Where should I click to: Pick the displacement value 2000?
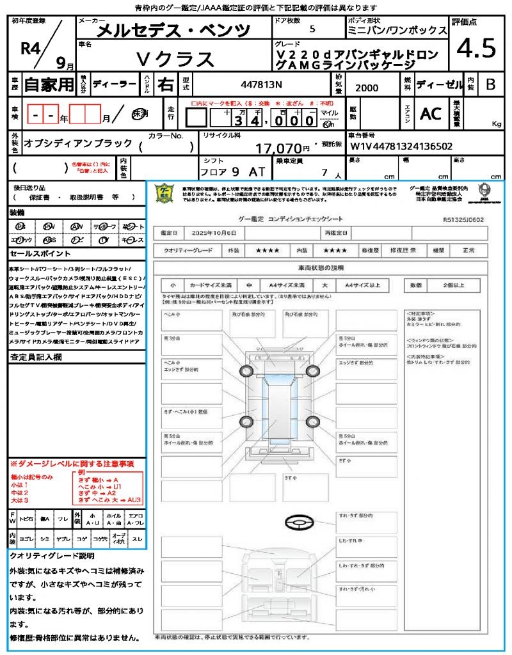pos(366,88)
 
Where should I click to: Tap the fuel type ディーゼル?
pos(439,84)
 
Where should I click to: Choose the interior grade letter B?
pos(490,84)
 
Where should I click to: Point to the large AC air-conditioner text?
pos(430,114)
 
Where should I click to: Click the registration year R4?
pos(29,47)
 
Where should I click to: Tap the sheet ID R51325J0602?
pos(463,219)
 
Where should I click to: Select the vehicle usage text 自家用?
pos(49,84)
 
